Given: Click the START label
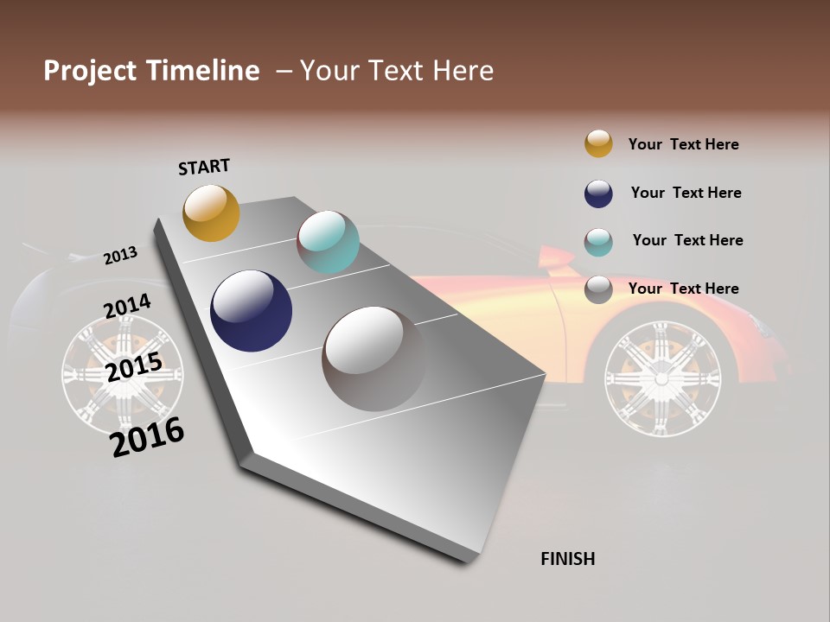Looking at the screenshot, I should point(204,167).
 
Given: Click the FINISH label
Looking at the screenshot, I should point(567,559).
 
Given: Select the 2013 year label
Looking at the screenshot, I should point(121,255).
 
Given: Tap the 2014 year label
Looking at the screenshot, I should point(127,307).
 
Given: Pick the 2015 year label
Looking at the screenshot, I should point(134,367).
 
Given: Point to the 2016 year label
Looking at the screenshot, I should point(148,437).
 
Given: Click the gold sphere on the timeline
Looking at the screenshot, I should point(211,213).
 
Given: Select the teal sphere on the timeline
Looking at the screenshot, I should point(328,241).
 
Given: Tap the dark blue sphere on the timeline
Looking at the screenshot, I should point(251,311).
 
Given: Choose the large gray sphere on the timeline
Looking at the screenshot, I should point(373,358).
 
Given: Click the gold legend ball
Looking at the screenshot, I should point(598,143).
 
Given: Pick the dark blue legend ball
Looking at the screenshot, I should point(598,194).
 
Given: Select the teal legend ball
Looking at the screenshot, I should point(598,242).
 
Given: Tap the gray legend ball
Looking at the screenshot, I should point(598,289).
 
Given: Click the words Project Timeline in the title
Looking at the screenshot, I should point(151,71).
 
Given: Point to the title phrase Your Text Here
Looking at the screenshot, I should point(397,71).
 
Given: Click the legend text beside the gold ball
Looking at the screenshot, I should point(683,145).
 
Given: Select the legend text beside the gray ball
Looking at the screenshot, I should point(683,289).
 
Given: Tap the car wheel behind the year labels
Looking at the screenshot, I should point(123,373).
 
